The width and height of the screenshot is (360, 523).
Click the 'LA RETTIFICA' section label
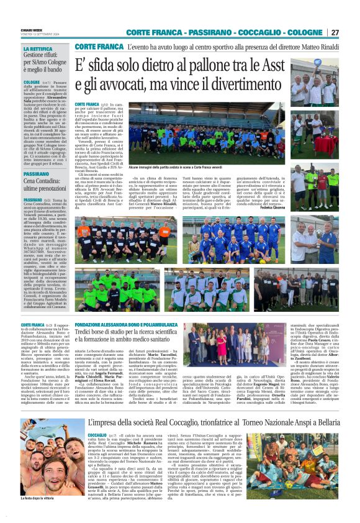(x=38, y=48)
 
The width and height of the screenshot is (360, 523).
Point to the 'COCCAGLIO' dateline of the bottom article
(x=97, y=417)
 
